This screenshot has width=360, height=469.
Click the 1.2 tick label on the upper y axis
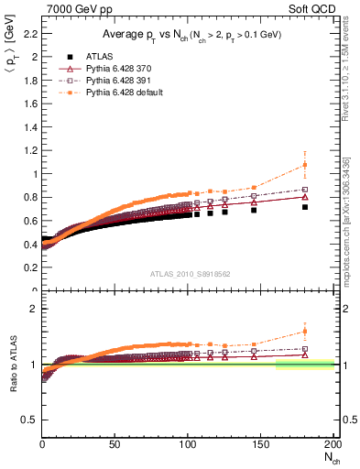pos(31,150)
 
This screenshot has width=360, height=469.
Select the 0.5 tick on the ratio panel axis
pos(31,420)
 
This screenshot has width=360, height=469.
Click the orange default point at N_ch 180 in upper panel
pos(304,165)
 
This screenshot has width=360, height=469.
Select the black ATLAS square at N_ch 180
pos(304,207)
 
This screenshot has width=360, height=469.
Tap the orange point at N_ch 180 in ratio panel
pos(304,332)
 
